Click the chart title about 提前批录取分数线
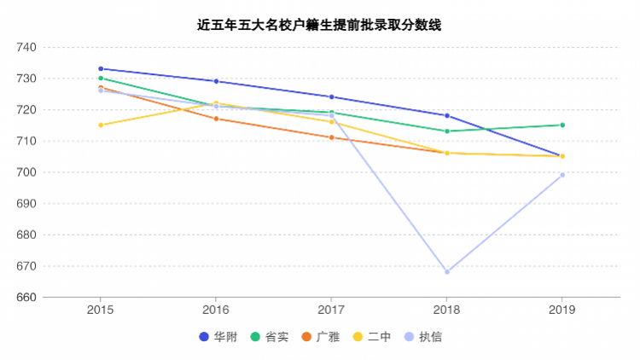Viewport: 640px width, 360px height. point(319,26)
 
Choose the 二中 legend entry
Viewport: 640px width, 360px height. point(372,337)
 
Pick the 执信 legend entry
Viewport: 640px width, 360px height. point(423,337)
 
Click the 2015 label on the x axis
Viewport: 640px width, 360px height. point(101,310)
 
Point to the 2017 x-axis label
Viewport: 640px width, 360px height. point(331,310)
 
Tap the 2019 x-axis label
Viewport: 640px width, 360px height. point(562,310)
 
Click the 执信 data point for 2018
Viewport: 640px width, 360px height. point(447,272)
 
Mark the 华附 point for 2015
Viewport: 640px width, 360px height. point(101,69)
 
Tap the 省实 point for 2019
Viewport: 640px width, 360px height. point(562,125)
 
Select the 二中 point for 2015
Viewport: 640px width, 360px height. point(101,125)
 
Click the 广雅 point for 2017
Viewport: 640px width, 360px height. point(331,137)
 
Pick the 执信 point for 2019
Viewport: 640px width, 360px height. point(562,175)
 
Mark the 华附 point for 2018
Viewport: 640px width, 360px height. point(447,116)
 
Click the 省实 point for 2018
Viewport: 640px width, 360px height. point(447,131)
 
